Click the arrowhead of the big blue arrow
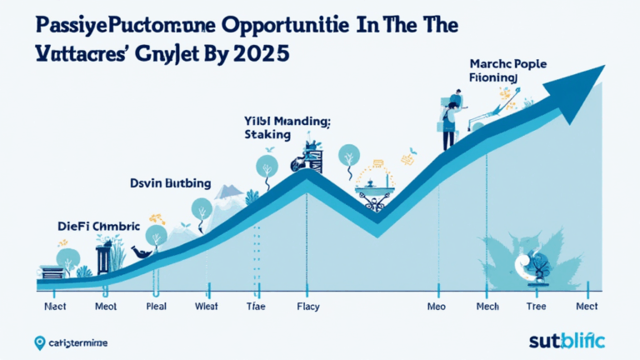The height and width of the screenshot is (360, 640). [x=584, y=79]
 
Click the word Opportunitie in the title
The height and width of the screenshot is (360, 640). [x=267, y=22]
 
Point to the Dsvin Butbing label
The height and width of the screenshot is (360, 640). [x=171, y=182]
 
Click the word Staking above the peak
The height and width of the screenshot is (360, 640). [x=267, y=134]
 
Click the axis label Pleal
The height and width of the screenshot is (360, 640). [x=157, y=306]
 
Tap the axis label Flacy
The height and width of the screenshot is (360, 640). [x=307, y=306]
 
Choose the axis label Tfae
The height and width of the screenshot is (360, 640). [x=255, y=306]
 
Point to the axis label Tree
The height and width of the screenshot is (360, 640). [x=537, y=306]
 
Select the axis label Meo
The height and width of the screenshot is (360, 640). [x=437, y=306]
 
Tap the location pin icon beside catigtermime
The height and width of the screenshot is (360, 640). [x=39, y=342]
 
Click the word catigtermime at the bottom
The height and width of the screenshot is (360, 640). [x=78, y=342]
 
